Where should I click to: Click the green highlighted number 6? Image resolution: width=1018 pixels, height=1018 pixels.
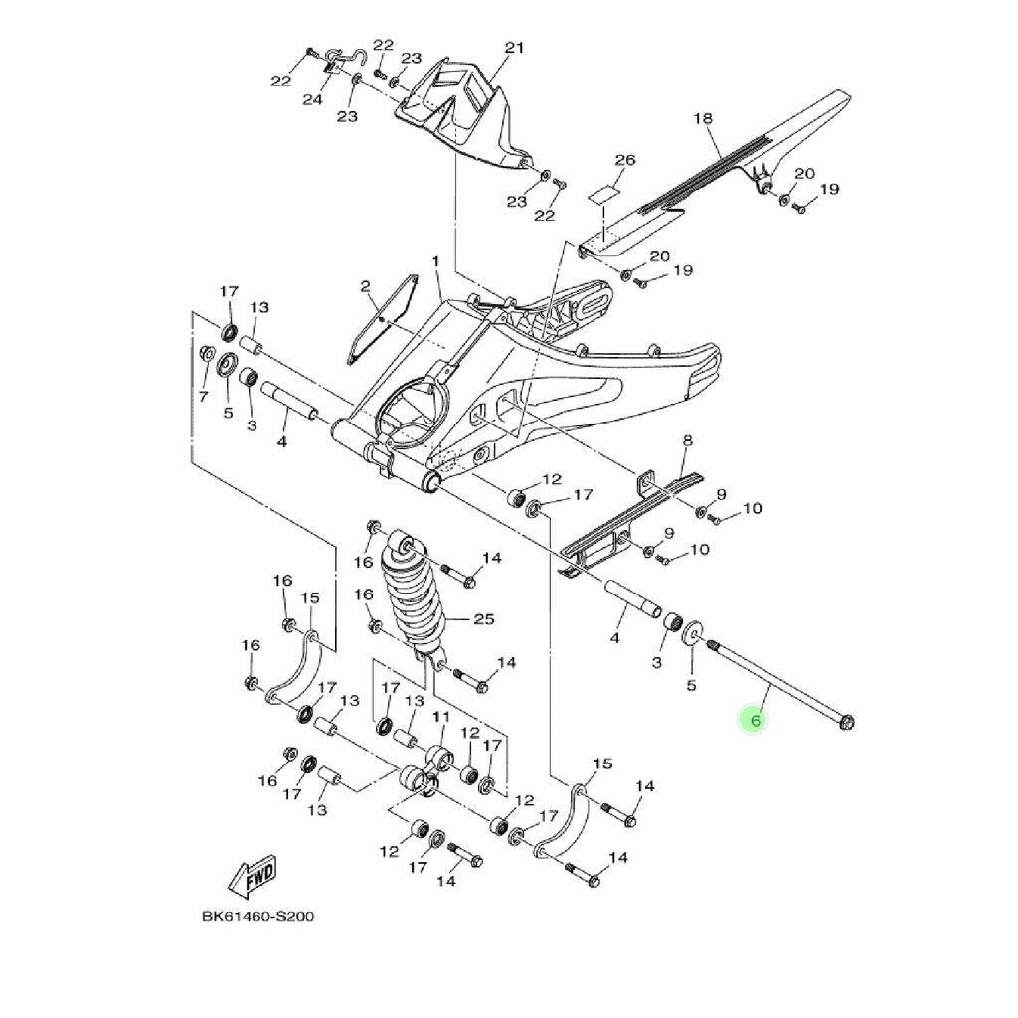tap(754, 721)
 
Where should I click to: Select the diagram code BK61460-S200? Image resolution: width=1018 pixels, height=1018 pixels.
tap(258, 916)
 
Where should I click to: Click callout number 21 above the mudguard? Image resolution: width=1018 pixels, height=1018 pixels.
tap(514, 48)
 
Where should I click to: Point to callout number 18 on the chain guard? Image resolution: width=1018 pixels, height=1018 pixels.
tap(703, 119)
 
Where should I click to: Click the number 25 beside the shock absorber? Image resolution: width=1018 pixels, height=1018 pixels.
tap(484, 619)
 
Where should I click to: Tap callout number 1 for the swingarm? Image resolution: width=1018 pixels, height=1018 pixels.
tap(436, 261)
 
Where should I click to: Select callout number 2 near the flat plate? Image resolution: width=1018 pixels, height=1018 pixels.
tap(365, 286)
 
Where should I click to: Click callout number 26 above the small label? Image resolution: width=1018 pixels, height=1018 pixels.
tap(624, 160)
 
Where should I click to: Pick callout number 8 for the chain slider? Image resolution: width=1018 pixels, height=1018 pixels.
tap(687, 441)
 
